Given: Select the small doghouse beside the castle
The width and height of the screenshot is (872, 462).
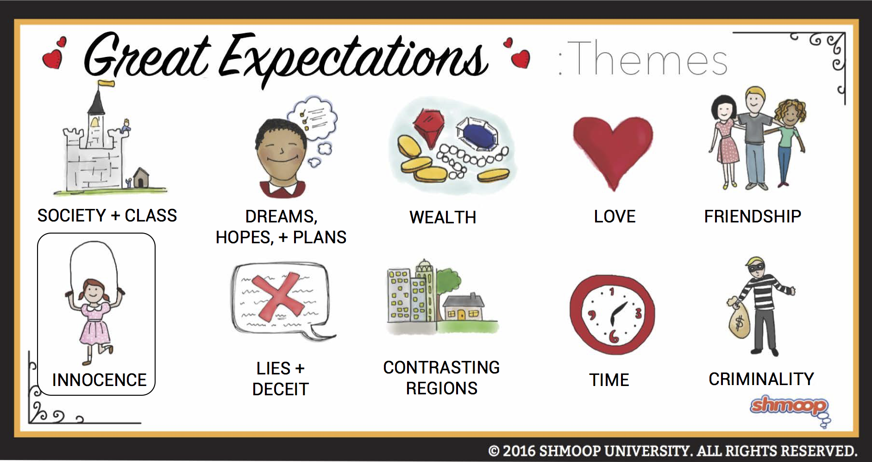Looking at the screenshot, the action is click(x=141, y=177).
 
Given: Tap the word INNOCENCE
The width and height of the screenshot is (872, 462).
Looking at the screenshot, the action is click(x=99, y=380).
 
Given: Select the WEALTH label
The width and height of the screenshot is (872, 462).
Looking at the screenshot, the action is click(x=443, y=217).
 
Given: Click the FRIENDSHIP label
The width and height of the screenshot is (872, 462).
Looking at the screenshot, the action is click(x=753, y=216).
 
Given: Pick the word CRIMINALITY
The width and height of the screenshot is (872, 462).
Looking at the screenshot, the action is click(x=761, y=379).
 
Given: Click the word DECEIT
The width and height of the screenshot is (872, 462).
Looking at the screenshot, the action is click(x=281, y=389).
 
